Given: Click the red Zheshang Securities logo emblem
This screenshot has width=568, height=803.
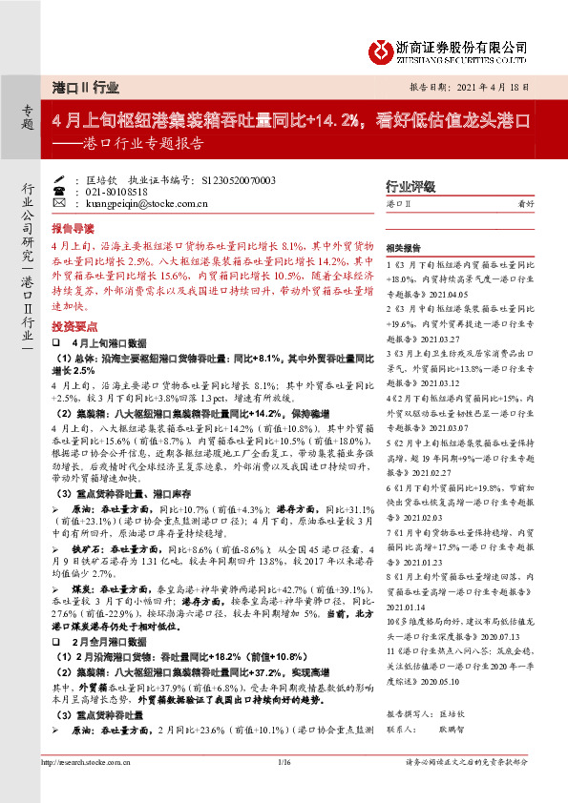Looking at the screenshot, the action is click(381, 48).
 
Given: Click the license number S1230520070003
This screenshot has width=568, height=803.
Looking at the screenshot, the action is click(226, 180).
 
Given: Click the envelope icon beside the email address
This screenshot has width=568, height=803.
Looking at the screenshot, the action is click(59, 203).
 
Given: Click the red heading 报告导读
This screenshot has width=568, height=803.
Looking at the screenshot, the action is click(73, 230).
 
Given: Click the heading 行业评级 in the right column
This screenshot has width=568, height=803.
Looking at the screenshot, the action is click(410, 186).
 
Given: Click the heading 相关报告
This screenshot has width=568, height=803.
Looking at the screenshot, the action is click(408, 246).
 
